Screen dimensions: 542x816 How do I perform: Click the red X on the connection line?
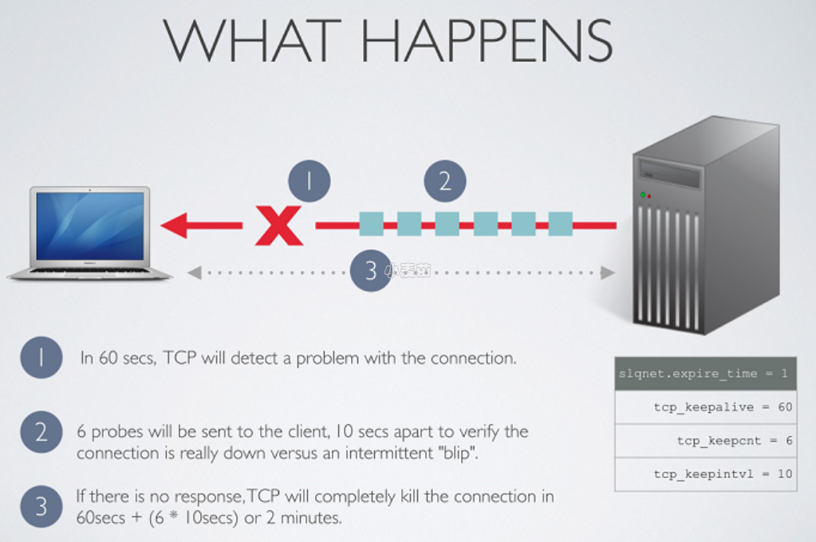(278, 226)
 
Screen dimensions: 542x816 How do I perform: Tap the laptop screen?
(90, 226)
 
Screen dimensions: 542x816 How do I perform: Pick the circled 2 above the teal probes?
(444, 182)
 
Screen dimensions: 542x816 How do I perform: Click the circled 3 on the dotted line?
(370, 272)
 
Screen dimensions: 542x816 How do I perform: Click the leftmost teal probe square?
(372, 224)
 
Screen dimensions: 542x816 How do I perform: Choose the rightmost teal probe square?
(560, 224)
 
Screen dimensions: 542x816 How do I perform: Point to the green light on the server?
(642, 194)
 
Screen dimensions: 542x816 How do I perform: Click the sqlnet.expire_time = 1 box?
(705, 373)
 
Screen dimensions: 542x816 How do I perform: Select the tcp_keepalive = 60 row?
(705, 406)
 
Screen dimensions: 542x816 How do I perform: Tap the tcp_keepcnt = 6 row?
(705, 440)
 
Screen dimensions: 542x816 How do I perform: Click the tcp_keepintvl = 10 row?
(705, 473)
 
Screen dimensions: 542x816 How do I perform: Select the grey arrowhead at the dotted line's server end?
(608, 273)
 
